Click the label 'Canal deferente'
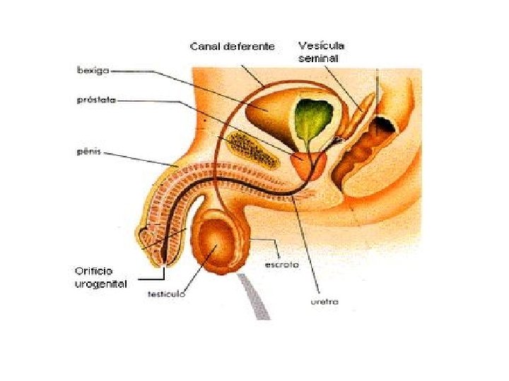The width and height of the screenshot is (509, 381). click(232, 47)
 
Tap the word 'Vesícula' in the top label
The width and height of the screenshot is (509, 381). click(322, 44)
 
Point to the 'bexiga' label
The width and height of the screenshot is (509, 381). click(92, 70)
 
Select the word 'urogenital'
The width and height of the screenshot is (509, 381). click(101, 284)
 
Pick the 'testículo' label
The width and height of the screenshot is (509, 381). click(167, 294)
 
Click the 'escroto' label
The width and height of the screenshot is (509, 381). click(281, 265)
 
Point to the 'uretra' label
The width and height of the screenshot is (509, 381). click(324, 301)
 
